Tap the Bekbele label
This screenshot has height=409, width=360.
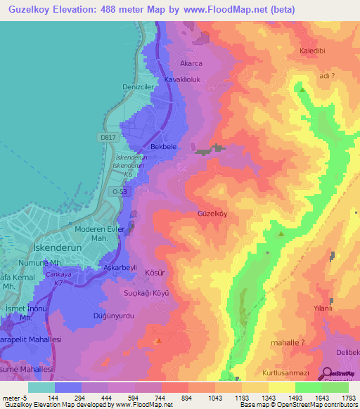point(163,147)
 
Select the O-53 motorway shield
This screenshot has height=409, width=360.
point(121,190)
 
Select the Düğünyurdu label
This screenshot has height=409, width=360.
point(113,316)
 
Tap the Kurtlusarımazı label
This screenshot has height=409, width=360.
point(285,371)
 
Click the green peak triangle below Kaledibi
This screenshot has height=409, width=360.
point(302,90)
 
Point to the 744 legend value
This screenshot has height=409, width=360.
point(160,398)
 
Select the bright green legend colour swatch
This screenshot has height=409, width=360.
point(308,387)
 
